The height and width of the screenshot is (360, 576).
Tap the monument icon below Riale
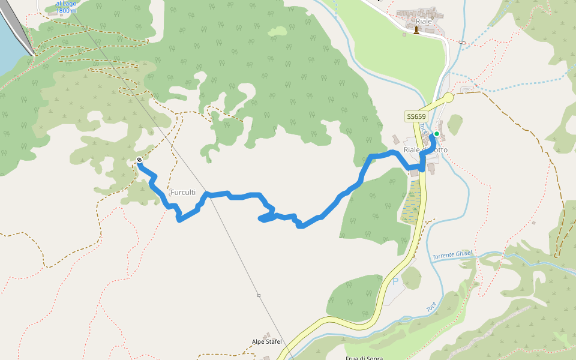tap(416, 30)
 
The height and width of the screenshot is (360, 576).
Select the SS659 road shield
tap(416, 116)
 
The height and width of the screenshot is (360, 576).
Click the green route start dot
tap(437, 134)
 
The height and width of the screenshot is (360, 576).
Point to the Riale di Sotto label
tap(425, 149)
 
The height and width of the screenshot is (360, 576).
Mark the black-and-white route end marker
tap(139, 160)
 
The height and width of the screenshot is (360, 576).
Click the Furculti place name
tap(183, 192)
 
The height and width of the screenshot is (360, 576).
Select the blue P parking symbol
tap(395, 281)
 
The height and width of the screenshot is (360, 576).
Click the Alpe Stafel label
tap(266, 341)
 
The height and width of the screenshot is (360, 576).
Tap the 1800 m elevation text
tap(66, 11)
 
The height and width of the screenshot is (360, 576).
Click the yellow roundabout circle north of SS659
tap(448, 98)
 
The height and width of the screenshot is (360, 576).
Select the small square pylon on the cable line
tap(259, 295)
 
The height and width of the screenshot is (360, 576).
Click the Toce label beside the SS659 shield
tap(422, 128)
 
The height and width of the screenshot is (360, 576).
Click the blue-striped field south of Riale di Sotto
tap(412, 201)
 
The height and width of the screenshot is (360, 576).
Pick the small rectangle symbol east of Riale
tap(461, 42)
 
